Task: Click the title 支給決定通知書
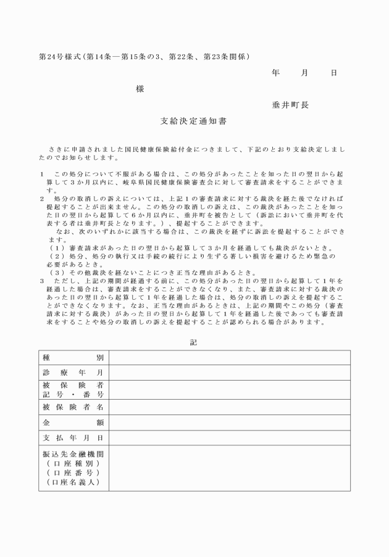(x=193, y=122)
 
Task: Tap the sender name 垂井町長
(x=290, y=105)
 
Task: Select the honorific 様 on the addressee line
(x=140, y=89)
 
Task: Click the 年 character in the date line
(x=275, y=73)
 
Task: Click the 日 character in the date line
(x=334, y=73)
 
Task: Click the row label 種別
(x=73, y=358)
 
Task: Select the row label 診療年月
(x=73, y=373)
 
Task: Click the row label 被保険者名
(x=73, y=407)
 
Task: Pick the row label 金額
(x=73, y=423)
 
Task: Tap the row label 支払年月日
(x=73, y=438)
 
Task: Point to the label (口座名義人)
(x=73, y=482)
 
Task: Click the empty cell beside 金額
(x=229, y=423)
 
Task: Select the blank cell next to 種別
(x=229, y=358)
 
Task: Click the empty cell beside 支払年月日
(x=229, y=438)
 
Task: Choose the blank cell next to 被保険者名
(x=229, y=407)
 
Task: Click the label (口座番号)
(x=73, y=472)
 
